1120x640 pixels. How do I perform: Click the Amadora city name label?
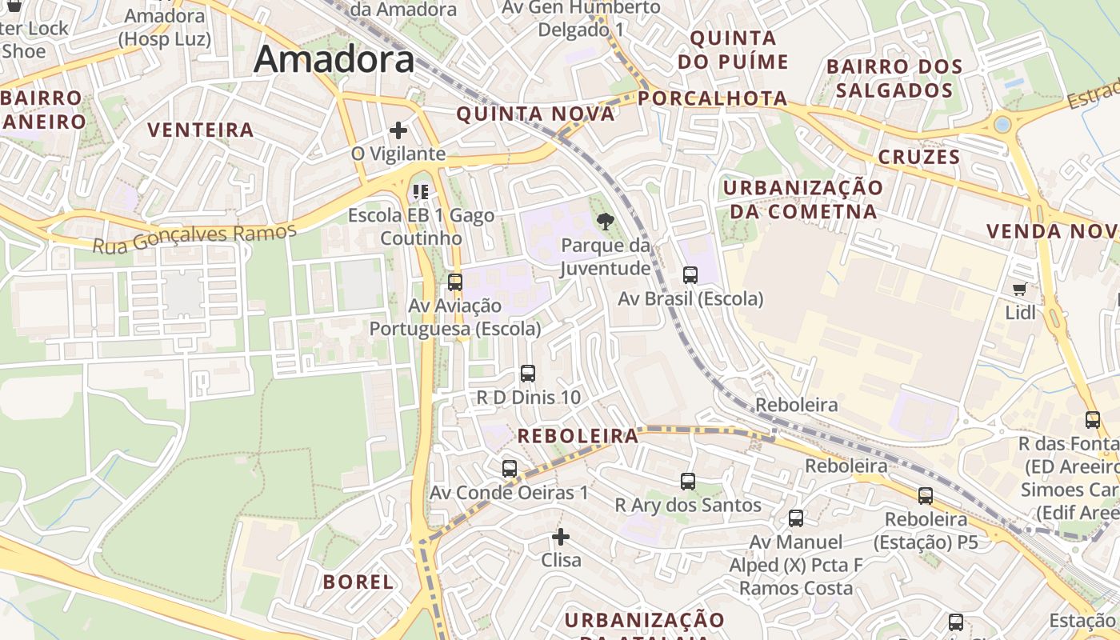(334, 59)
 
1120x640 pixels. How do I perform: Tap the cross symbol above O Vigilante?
(398, 130)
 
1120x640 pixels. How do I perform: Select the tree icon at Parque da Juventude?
(606, 222)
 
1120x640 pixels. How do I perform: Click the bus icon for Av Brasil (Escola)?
(690, 275)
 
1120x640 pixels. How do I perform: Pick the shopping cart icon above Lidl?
(1019, 289)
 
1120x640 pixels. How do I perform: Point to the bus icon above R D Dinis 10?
(528, 374)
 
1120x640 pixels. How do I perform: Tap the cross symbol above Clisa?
(561, 537)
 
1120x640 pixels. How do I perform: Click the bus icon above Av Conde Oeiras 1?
(510, 469)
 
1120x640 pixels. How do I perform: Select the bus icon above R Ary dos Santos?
(688, 482)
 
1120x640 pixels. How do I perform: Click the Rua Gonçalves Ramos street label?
(194, 238)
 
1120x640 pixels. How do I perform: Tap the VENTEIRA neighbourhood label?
(201, 130)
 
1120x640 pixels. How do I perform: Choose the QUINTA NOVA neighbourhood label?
(535, 114)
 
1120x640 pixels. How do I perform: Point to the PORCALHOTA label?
(714, 98)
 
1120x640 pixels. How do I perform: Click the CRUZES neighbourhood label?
(919, 157)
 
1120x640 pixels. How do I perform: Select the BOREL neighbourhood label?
(358, 582)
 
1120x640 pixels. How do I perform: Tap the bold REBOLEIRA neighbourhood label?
(578, 436)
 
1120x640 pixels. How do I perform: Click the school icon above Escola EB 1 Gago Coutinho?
(420, 192)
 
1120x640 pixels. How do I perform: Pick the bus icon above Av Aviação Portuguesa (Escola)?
(455, 282)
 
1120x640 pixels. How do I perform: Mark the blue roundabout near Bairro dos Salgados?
(1002, 124)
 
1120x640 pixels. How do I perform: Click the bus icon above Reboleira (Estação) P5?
(926, 496)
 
